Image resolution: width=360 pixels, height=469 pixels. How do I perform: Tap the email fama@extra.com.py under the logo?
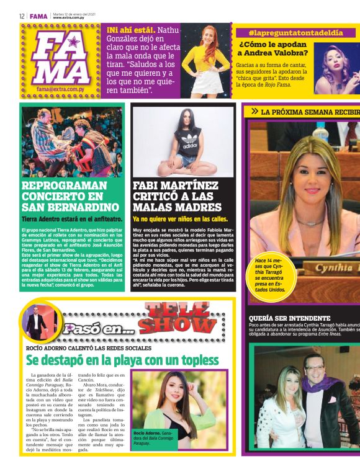click(60, 89)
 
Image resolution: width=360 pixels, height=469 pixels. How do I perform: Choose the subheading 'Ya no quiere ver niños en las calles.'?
click(181, 219)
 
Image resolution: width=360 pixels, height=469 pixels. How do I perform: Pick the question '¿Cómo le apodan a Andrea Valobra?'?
click(273, 49)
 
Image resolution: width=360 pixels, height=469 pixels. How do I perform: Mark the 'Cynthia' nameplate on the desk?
click(338, 268)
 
